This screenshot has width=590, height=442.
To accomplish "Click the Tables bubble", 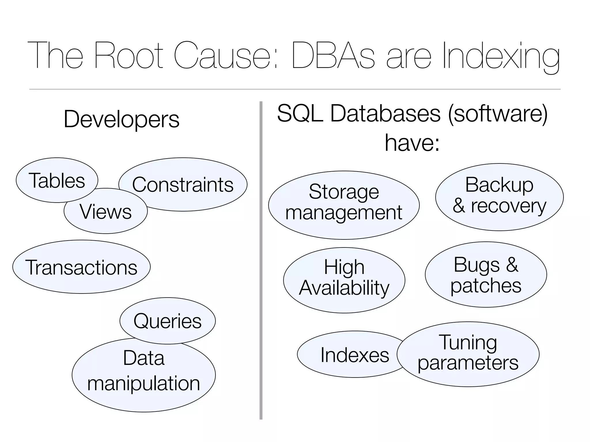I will pyautogui.click(x=57, y=180).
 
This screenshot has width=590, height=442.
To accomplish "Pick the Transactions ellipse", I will pyautogui.click(x=81, y=267).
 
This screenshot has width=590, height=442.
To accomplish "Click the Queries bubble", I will pyautogui.click(x=167, y=321).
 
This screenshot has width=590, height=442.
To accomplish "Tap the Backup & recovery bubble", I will pyautogui.click(x=499, y=197).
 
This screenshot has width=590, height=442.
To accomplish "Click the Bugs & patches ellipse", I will pyautogui.click(x=486, y=275).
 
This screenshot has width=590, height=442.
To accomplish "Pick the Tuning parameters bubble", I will pyautogui.click(x=468, y=354).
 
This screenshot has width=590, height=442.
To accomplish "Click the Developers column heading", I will pyautogui.click(x=121, y=119).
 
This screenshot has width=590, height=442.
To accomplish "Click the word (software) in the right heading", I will pyautogui.click(x=498, y=114).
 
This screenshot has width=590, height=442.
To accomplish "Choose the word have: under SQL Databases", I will pyautogui.click(x=412, y=142).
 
